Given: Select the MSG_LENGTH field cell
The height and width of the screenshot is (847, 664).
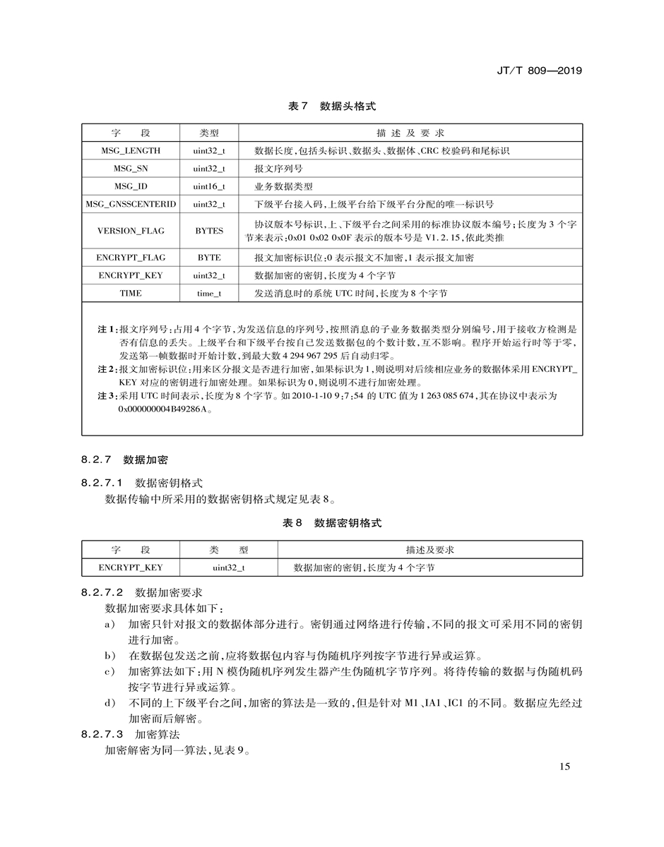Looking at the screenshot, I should tap(131, 150).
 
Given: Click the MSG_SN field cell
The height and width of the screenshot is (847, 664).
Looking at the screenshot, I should tap(131, 169).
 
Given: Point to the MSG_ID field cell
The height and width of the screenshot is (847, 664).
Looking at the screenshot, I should tap(131, 186).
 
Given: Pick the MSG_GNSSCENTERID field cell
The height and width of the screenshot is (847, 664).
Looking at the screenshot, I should tap(131, 205).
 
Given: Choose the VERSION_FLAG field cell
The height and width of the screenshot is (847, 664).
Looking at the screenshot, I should tap(131, 231).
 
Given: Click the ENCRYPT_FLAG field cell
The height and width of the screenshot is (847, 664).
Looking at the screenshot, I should tap(131, 258).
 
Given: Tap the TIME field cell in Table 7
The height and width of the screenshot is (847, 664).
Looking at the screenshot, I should tap(131, 293).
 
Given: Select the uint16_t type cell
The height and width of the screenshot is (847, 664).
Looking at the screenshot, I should tap(209, 186).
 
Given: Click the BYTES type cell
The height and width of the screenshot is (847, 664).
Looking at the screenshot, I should tap(209, 231).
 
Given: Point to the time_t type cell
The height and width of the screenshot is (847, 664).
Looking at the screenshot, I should tap(209, 293).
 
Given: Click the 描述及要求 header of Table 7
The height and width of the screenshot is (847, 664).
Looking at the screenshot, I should tap(410, 133).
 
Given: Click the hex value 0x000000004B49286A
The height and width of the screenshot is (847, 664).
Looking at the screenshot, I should tap(166, 409).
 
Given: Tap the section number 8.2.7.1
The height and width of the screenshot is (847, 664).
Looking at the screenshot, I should tap(102, 483).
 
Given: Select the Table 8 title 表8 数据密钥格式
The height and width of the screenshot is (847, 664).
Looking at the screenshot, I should tap(332, 523).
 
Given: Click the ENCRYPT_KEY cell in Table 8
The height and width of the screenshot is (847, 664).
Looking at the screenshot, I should tap(131, 567).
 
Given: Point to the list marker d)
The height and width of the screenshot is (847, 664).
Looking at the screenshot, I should tap(109, 703).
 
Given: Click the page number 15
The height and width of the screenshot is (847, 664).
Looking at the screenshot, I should tap(564, 767).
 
